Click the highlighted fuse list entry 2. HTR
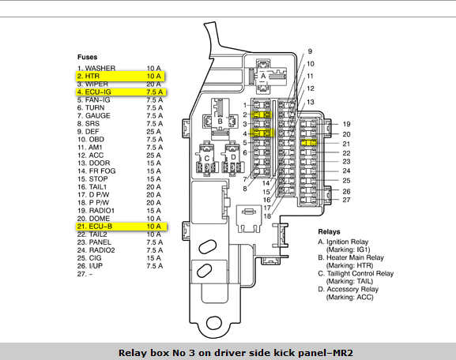click(121, 76)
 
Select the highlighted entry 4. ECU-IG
click(121, 92)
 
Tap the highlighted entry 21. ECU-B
click(122, 227)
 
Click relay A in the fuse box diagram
click(263, 76)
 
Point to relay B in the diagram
click(220, 121)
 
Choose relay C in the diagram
click(207, 159)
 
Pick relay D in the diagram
click(233, 158)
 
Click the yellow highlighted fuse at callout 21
click(308, 143)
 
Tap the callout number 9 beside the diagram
click(310, 51)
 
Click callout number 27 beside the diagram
click(346, 200)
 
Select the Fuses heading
click(87, 57)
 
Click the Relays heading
click(329, 232)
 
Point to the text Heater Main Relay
click(355, 257)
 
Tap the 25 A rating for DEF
click(153, 132)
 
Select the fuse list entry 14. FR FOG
click(96, 171)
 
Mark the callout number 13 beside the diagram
click(311, 102)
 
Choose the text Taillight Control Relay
click(360, 274)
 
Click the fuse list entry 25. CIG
click(89, 258)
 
